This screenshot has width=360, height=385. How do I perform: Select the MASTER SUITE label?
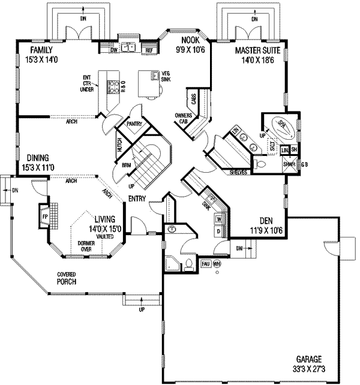click(x=255, y=52)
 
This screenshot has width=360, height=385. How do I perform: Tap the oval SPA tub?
click(x=280, y=125)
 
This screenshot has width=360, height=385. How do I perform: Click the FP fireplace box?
click(x=44, y=214)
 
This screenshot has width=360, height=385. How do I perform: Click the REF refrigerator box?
click(x=149, y=51)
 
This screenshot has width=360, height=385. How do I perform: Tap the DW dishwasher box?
click(x=113, y=51)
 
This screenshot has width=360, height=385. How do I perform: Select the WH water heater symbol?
click(x=217, y=263)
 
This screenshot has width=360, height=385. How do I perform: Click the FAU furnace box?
click(x=205, y=263)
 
